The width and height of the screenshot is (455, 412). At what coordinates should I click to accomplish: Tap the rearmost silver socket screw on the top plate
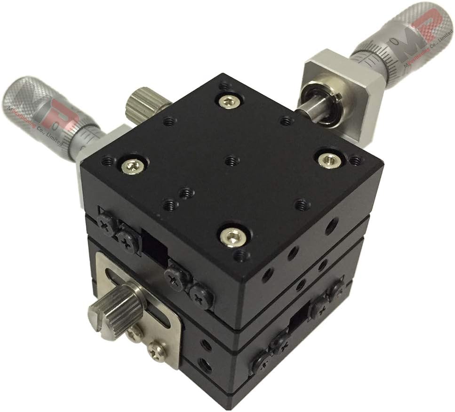229,100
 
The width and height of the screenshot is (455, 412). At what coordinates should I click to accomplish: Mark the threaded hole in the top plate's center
230,161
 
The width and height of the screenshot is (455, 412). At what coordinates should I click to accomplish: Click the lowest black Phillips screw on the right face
261,362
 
